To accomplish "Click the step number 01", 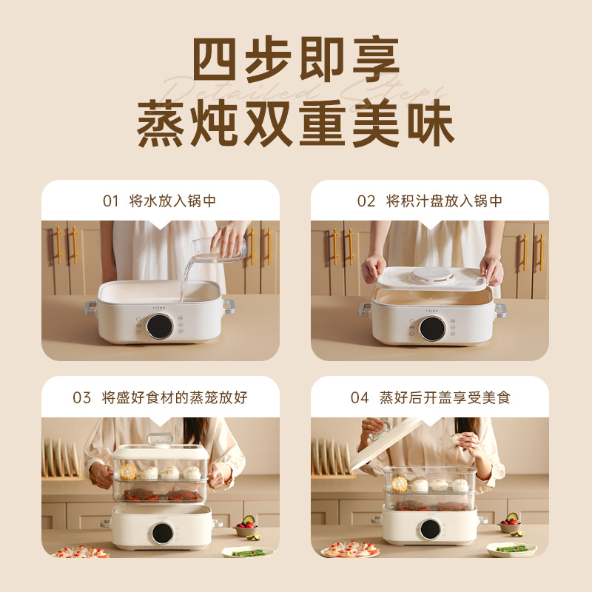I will [110, 201].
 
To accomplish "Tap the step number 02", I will [366, 201].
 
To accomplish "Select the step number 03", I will [81, 398].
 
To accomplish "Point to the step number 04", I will [360, 398].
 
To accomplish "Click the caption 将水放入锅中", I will [172, 201].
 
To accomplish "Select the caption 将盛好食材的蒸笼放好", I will [175, 398].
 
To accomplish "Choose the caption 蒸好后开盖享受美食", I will [445, 398].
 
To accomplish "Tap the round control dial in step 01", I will [159, 326].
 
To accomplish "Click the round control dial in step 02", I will [432, 328].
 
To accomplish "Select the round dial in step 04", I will [430, 529].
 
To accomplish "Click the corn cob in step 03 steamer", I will [127, 471].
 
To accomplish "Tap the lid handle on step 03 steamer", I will [159, 438].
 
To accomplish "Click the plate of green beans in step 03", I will [246, 552].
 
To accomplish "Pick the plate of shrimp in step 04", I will [349, 549].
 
